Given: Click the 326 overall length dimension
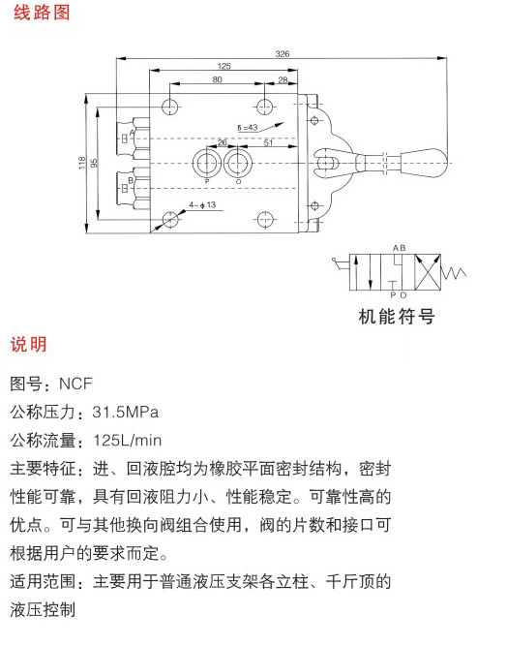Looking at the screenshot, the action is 283,54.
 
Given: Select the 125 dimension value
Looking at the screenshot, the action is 224,66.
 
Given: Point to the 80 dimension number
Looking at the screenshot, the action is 218,79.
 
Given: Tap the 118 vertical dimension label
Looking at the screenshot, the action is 82,163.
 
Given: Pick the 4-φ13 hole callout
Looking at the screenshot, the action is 202,205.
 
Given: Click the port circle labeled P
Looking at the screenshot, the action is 207,164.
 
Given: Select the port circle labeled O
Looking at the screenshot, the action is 238,164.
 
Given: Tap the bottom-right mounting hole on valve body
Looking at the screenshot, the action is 265,219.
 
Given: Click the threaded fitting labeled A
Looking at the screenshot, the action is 133,138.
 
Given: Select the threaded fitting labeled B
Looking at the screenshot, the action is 133,189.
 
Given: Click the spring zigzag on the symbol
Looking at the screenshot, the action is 454,272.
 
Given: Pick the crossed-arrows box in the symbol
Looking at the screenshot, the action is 428,272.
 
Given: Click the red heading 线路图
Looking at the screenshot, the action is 42,13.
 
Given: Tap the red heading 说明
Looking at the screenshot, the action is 29,345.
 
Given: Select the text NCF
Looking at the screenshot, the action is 75,384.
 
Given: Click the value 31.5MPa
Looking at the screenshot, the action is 126,412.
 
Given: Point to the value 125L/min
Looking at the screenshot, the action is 128,441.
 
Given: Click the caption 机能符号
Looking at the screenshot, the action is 397,317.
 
